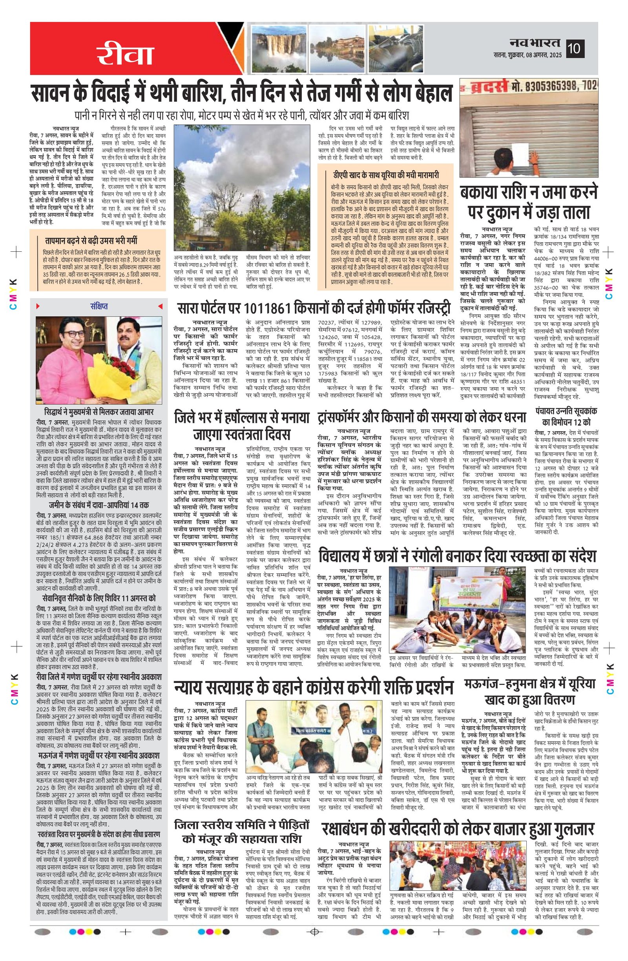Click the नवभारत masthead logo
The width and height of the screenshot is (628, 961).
click(x=535, y=42)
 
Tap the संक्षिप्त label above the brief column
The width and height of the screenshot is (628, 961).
click(x=99, y=307)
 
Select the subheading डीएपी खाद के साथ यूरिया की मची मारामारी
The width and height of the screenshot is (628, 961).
click(x=385, y=175)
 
